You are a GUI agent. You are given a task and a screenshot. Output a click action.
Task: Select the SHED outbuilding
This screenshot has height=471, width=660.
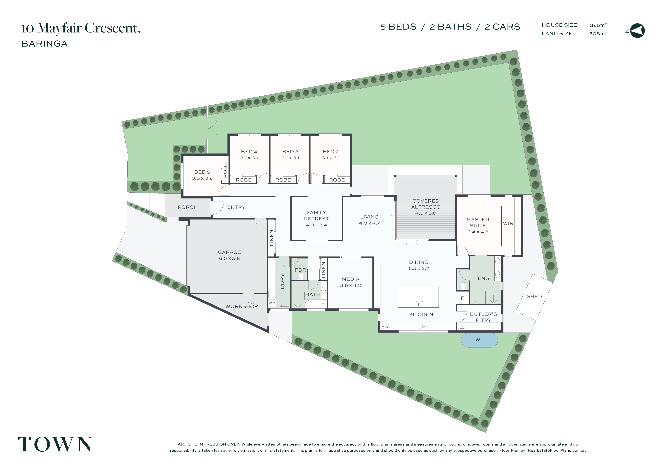534,297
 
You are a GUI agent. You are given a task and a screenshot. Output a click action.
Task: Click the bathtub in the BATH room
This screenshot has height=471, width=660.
316,304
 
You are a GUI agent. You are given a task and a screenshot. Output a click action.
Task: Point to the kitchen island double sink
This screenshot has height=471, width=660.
418,304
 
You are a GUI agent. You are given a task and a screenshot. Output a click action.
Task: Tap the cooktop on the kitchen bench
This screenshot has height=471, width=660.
423,327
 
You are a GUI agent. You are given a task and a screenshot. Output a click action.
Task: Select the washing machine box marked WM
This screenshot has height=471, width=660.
272,303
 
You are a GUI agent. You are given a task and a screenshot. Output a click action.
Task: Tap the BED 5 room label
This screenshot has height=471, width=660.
202,172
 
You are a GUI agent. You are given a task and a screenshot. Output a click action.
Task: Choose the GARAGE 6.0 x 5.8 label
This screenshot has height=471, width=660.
229,255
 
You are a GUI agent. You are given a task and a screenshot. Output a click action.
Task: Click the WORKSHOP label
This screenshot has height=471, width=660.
242,306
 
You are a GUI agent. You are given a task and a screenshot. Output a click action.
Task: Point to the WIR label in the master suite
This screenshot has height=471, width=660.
508,223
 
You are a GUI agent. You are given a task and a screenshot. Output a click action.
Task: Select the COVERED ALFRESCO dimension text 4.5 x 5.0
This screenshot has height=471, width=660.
426,213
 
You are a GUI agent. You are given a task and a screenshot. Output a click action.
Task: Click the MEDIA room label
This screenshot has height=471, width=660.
351,279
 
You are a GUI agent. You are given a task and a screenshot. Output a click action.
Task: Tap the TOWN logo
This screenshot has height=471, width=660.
55,444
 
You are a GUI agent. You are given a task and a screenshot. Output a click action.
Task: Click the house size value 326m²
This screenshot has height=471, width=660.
598,25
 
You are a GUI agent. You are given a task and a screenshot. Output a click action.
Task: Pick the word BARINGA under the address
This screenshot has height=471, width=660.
45,44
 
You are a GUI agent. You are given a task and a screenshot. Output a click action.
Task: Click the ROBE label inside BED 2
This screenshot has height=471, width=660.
337,180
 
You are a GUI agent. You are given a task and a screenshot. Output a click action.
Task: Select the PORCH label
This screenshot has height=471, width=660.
188,207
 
